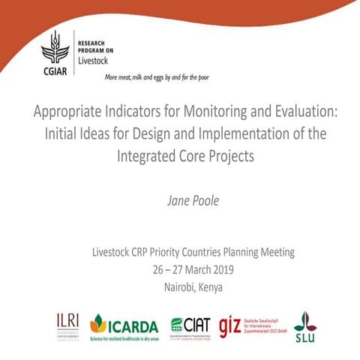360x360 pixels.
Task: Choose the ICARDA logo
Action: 124,325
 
